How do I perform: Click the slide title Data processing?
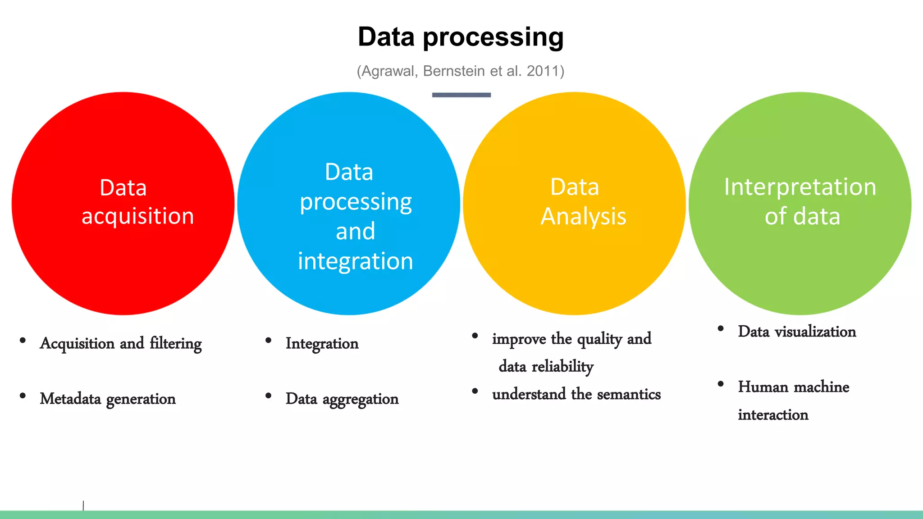pyautogui.click(x=461, y=37)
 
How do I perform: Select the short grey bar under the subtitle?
pyautogui.click(x=461, y=95)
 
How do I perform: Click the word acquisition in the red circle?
pyautogui.click(x=137, y=216)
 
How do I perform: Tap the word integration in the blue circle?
pyautogui.click(x=355, y=261)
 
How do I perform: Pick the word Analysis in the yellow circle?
pyautogui.click(x=583, y=217)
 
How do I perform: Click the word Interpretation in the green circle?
pyautogui.click(x=800, y=187)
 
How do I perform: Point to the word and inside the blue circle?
pyautogui.click(x=355, y=232)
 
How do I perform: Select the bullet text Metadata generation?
pyautogui.click(x=108, y=399)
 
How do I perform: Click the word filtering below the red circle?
pyautogui.click(x=176, y=344)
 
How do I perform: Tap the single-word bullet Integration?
pyautogui.click(x=322, y=344)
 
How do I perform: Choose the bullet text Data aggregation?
pyautogui.click(x=342, y=399)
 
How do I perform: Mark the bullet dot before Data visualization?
pyautogui.click(x=721, y=329)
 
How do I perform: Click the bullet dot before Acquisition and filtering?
pyautogui.click(x=23, y=341)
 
